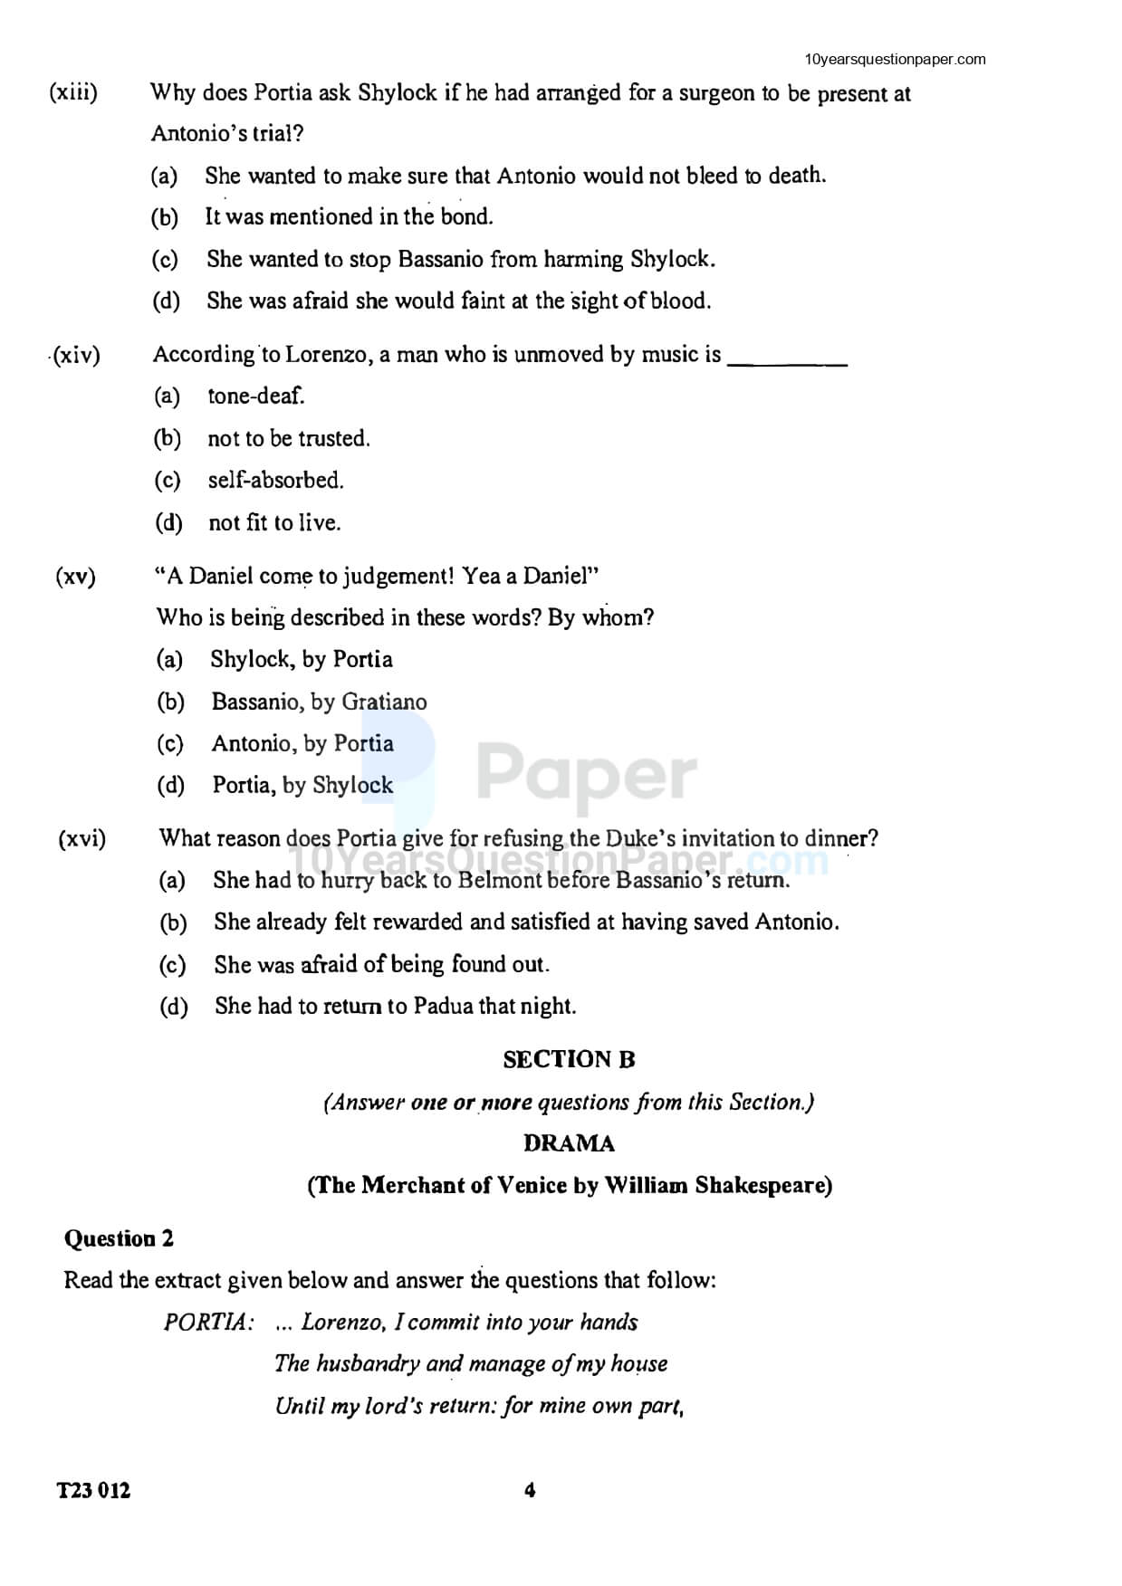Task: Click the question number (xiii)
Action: (73, 92)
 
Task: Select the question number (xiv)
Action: (77, 355)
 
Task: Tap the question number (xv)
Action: (76, 577)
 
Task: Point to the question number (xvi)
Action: (82, 839)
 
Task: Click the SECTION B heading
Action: (569, 1059)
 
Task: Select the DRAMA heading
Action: (569, 1143)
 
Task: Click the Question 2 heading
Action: (119, 1238)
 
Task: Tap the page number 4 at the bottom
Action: (530, 1490)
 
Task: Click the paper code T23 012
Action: (93, 1490)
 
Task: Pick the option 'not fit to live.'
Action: (274, 522)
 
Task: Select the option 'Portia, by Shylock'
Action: (302, 785)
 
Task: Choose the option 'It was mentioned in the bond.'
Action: (349, 217)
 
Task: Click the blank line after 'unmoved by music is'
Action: (787, 360)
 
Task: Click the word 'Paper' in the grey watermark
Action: (587, 775)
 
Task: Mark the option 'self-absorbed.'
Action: (275, 480)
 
